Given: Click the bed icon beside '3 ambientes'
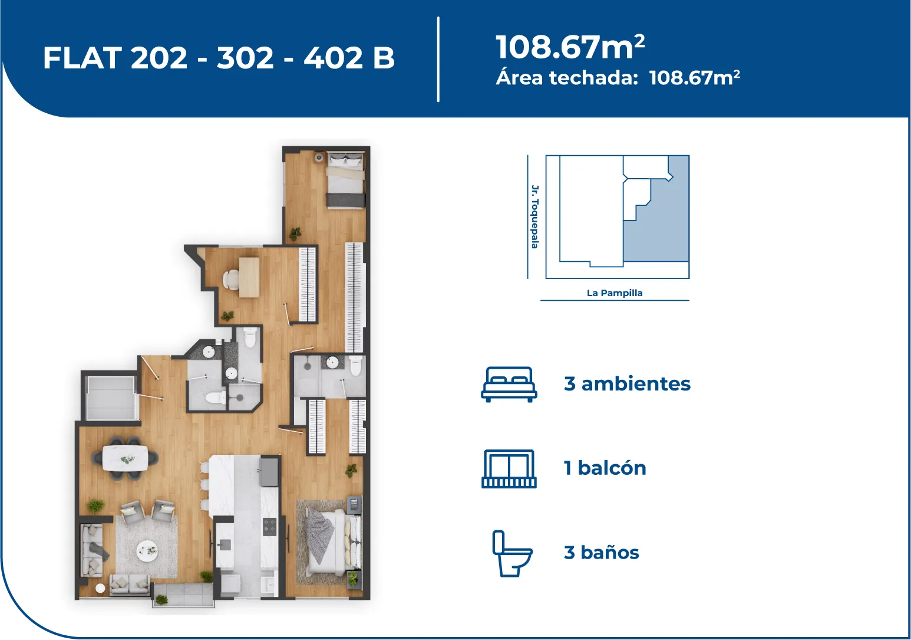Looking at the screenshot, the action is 509,385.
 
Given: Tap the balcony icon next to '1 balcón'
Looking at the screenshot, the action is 509,468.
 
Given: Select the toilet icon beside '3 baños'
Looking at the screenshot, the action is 512,553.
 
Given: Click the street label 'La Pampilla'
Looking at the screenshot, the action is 615,293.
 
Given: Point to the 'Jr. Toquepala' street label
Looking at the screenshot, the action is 535,216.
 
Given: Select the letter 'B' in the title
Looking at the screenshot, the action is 384,57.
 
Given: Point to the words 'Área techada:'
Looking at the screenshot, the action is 567,77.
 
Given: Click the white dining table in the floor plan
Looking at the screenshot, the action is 125,458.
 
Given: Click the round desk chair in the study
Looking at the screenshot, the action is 230,279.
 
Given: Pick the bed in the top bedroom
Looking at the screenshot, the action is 345,179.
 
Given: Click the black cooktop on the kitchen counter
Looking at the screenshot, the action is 269,526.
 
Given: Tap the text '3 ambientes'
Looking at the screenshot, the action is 627,384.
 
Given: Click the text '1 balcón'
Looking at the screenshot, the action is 605,468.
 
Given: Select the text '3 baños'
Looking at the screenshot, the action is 602,553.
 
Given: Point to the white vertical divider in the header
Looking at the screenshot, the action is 438,60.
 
